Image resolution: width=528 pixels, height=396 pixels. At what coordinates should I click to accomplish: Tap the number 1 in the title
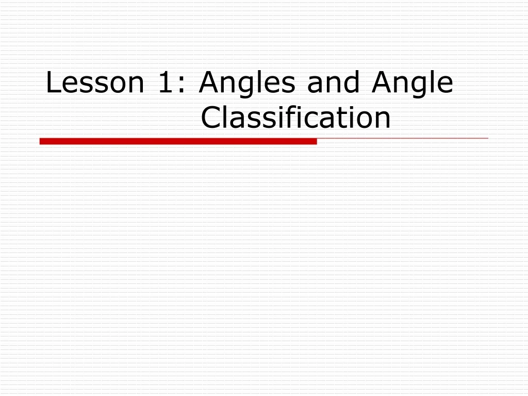pyautogui.click(x=164, y=83)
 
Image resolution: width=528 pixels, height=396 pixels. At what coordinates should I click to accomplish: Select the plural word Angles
pyautogui.click(x=247, y=83)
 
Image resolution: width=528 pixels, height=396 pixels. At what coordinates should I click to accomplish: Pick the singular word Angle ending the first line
pyautogui.click(x=412, y=83)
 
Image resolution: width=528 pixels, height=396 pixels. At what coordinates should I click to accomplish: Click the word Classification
pyautogui.click(x=295, y=118)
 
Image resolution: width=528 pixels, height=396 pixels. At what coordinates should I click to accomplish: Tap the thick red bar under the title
pyautogui.click(x=178, y=141)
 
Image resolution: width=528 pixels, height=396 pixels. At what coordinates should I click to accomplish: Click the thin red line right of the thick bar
pyautogui.click(x=402, y=139)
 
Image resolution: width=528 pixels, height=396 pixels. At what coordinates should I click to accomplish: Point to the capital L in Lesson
pyautogui.click(x=52, y=83)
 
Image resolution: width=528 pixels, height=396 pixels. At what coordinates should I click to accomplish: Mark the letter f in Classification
pyautogui.click(x=288, y=117)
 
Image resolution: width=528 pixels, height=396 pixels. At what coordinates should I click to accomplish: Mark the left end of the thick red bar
pyautogui.click(x=41, y=141)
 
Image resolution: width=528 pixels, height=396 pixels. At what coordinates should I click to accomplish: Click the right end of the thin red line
pyautogui.click(x=487, y=139)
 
